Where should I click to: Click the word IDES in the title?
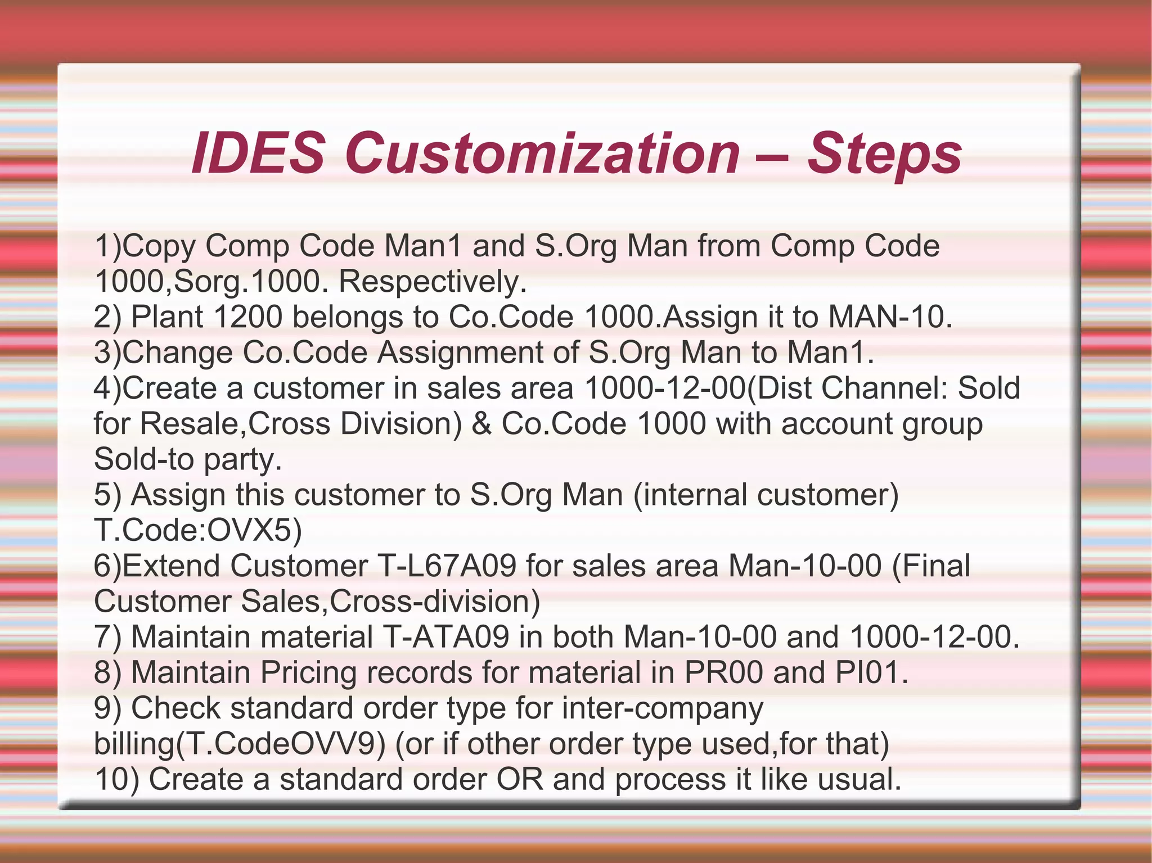258,153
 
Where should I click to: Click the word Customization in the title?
542,153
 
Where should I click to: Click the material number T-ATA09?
445,637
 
